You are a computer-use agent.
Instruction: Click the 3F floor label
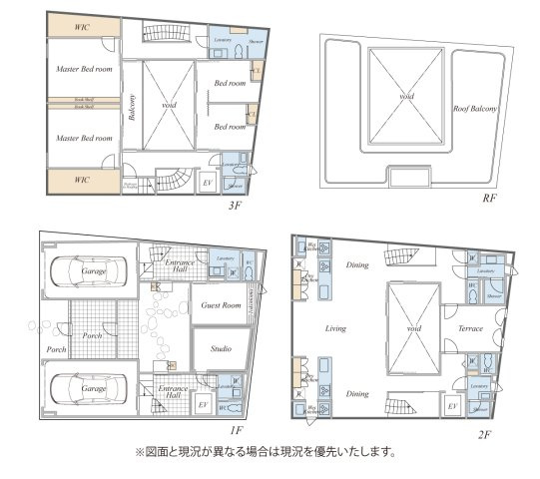(235, 206)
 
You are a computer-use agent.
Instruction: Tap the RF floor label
(489, 198)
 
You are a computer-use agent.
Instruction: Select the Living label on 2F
(334, 328)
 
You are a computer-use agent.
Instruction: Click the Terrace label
(470, 328)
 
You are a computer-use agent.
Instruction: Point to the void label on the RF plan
(406, 96)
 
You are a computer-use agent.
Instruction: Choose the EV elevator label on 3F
(208, 184)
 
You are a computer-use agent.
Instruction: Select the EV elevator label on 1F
(204, 404)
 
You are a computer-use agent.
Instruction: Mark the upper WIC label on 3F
(83, 27)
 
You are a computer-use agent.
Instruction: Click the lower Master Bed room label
(83, 138)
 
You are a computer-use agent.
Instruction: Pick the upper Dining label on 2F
(357, 265)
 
